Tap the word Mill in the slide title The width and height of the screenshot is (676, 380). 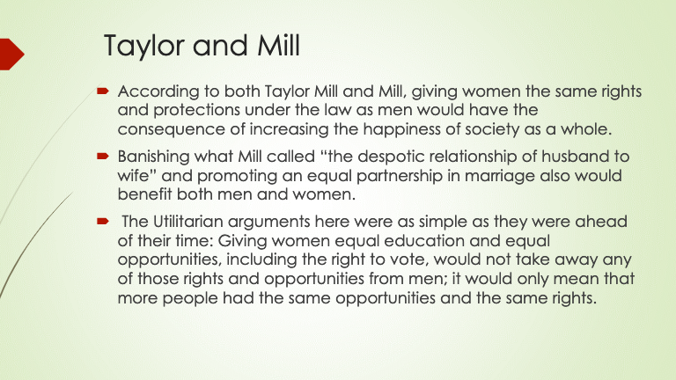[278, 45]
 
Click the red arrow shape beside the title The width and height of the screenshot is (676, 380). [12, 54]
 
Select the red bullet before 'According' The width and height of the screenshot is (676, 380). [103, 91]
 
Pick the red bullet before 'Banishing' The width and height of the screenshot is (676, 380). [103, 156]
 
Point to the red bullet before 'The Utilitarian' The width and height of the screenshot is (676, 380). [103, 222]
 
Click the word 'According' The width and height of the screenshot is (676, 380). [158, 92]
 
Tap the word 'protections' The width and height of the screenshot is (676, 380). [196, 110]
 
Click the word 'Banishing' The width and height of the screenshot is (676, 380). [153, 157]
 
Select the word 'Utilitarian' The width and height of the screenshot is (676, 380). [188, 222]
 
